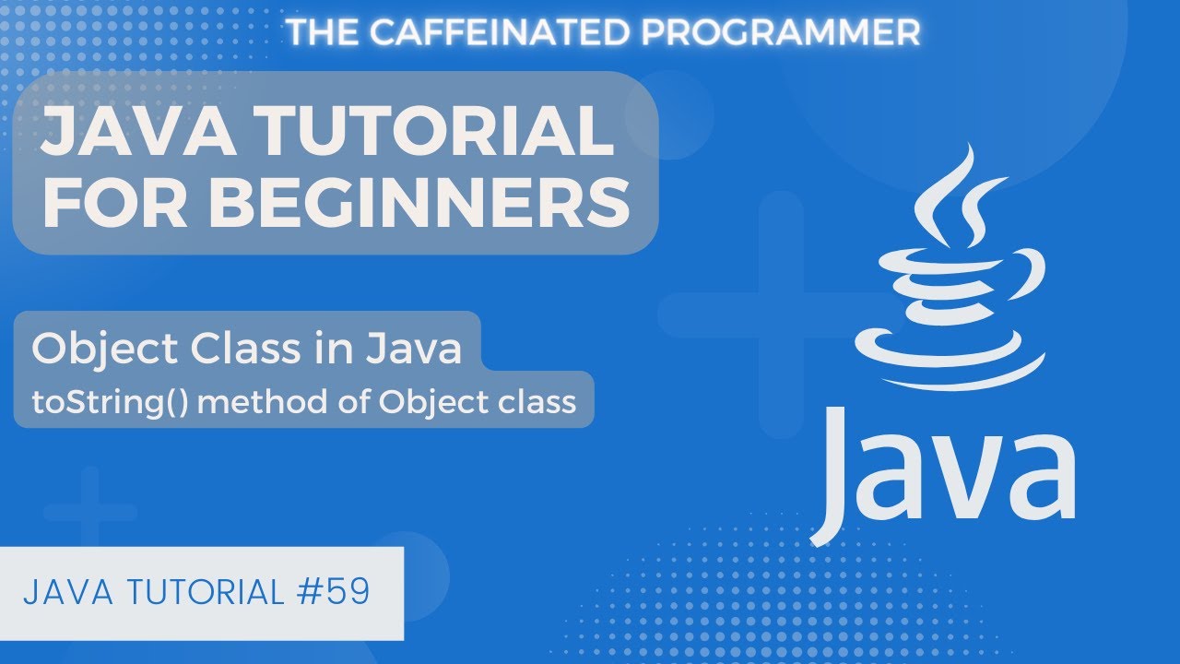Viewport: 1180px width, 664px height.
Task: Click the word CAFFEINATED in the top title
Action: [x=490, y=32]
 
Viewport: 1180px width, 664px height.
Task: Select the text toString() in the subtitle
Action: [x=91, y=402]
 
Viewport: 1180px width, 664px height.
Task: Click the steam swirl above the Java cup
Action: [x=950, y=198]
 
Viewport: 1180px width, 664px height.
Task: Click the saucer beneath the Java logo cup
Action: [x=950, y=355]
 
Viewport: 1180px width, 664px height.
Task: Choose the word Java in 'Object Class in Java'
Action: [x=413, y=350]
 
